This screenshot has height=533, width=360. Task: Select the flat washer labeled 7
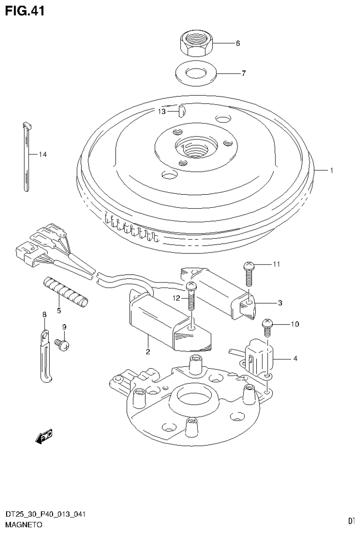coord(196,73)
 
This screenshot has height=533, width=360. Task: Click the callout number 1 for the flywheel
coord(331,171)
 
